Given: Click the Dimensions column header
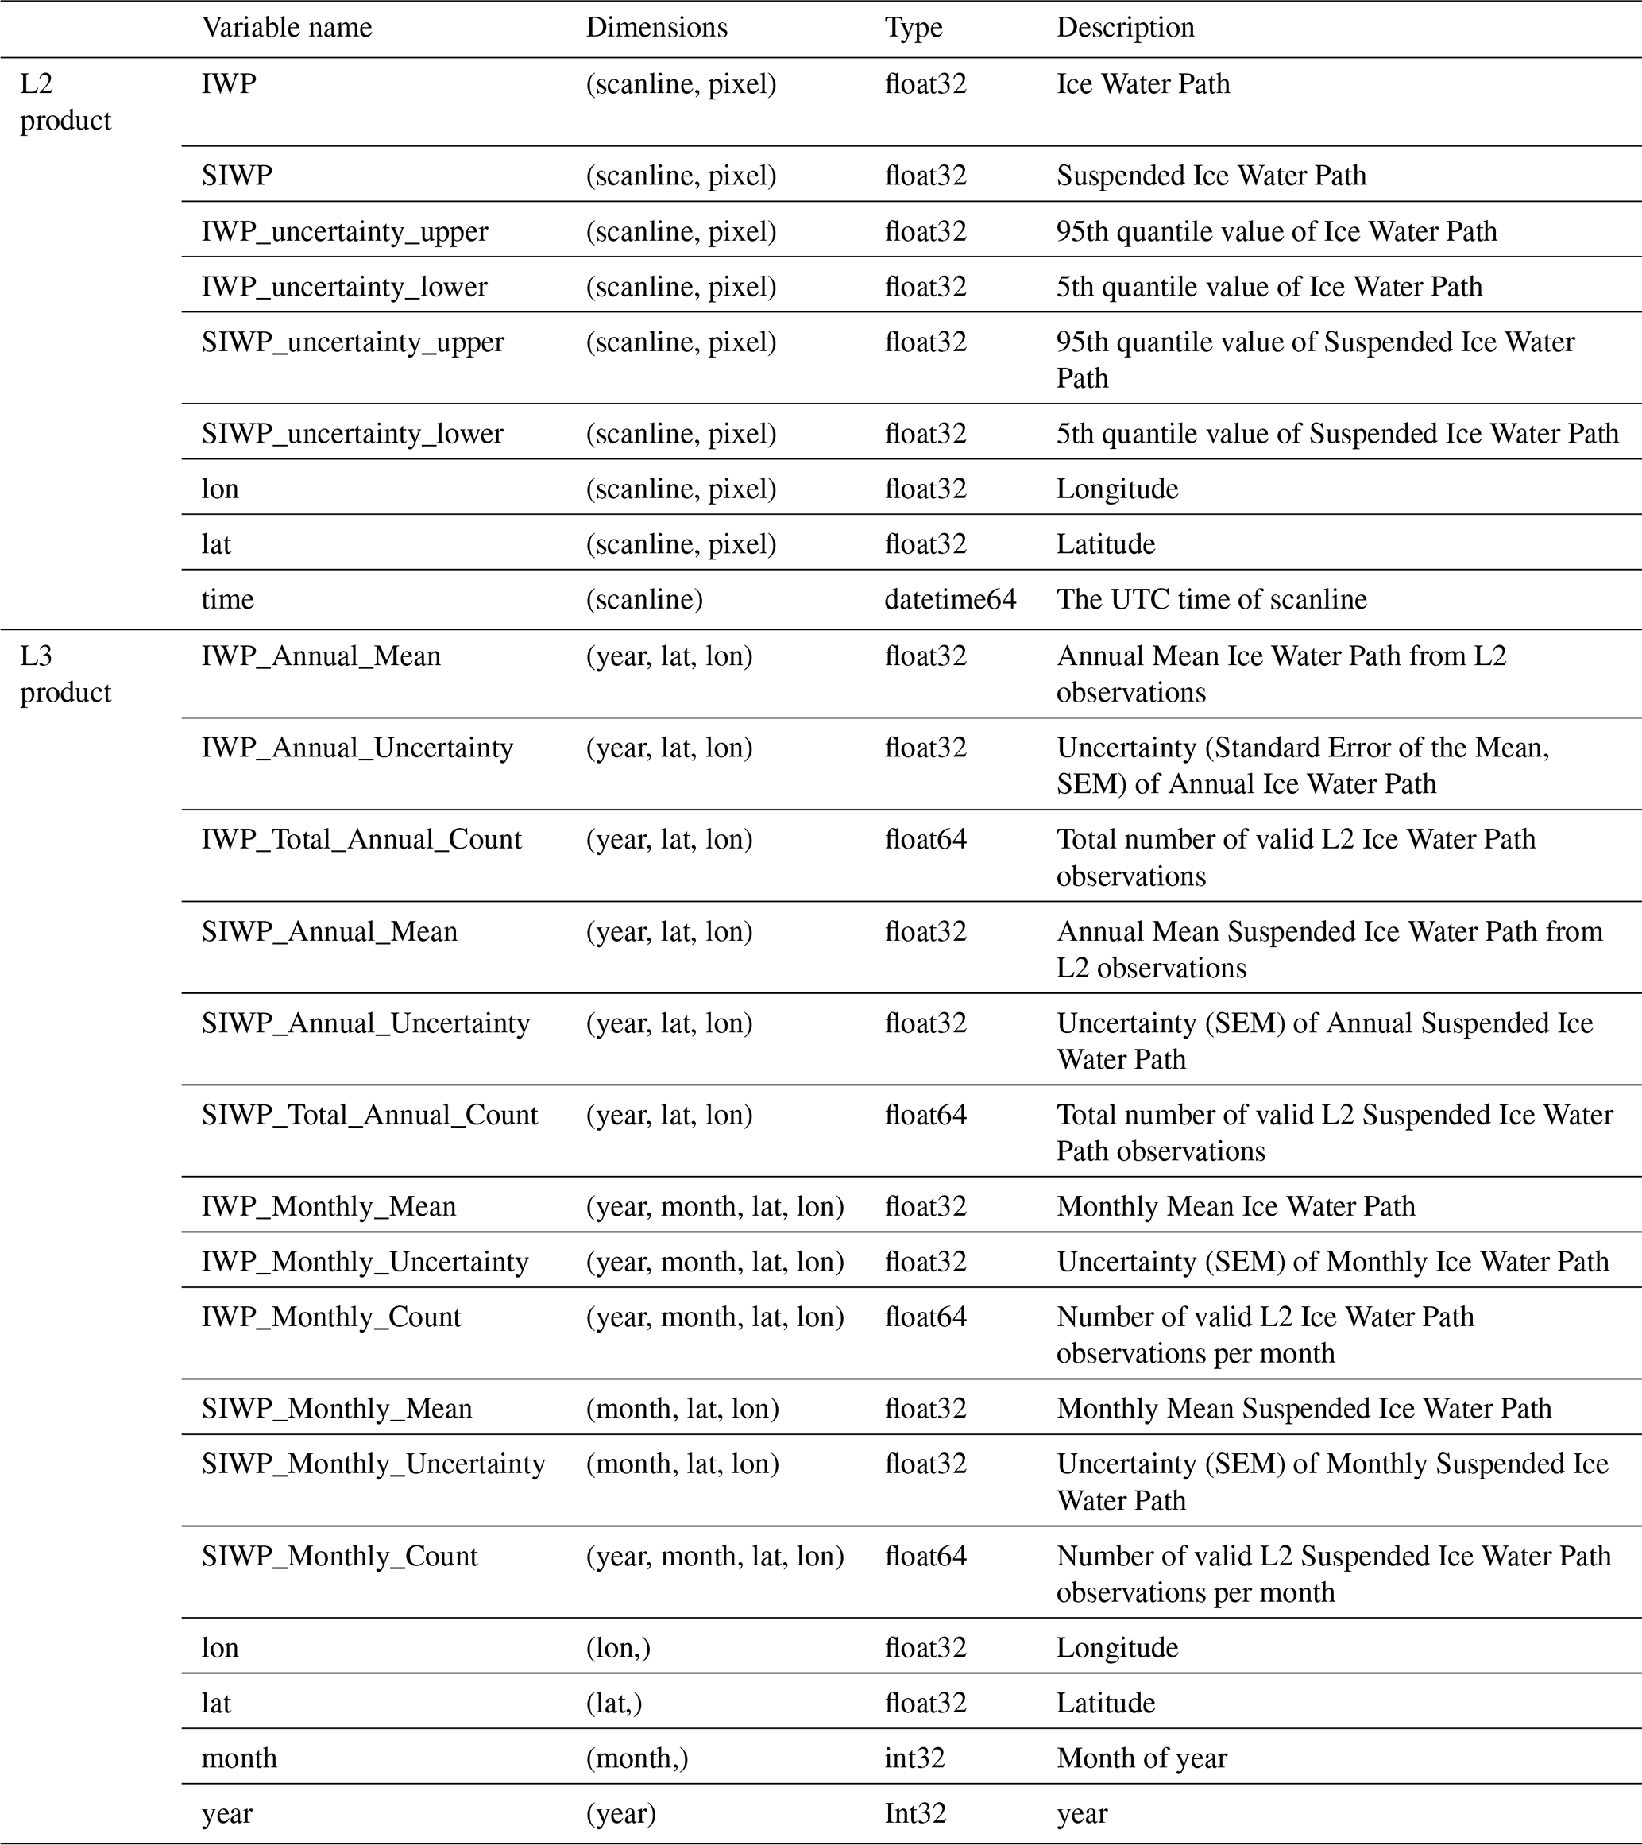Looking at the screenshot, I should pyautogui.click(x=656, y=28).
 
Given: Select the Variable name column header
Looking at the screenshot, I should pyautogui.click(x=286, y=28).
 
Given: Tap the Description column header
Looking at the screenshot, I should pyautogui.click(x=1125, y=28).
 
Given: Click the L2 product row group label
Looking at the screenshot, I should pyautogui.click(x=65, y=102).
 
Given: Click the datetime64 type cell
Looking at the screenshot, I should pyautogui.click(x=949, y=599).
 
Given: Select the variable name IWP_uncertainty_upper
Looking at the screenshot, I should pyautogui.click(x=344, y=232).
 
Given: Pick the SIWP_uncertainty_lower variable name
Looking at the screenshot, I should pyautogui.click(x=352, y=434).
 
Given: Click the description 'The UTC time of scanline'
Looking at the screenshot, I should pyautogui.click(x=1211, y=599).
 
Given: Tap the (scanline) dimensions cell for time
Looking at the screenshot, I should pyautogui.click(x=644, y=599).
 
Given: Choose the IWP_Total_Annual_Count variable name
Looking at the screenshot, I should pyautogui.click(x=361, y=839).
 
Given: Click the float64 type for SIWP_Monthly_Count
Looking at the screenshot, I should pyautogui.click(x=925, y=1556).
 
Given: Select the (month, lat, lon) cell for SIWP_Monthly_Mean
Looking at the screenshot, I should pyautogui.click(x=682, y=1409).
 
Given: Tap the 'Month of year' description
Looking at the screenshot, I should pyautogui.click(x=1142, y=1758).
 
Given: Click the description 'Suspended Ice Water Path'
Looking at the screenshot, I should pyautogui.click(x=1211, y=175).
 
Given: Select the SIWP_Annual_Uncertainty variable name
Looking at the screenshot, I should pyautogui.click(x=365, y=1023).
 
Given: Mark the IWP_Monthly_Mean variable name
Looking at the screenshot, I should pyautogui.click(x=328, y=1207).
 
